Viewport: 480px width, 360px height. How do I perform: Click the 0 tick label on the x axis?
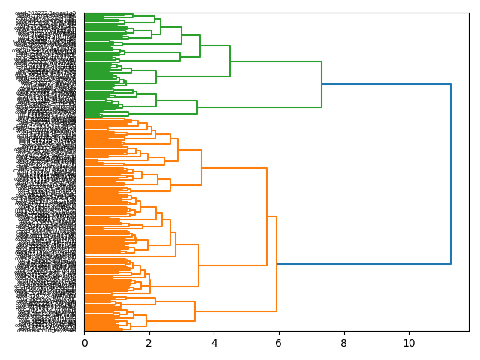point(84,343)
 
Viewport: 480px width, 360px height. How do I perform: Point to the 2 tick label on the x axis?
point(149,343)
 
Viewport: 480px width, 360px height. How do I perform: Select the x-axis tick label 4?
point(214,343)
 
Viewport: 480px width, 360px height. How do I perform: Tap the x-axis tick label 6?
point(279,343)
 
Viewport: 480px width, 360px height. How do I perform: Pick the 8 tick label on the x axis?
point(344,343)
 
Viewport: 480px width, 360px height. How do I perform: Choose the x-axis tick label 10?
point(409,343)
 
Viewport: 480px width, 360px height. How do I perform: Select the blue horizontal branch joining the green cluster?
point(386,84)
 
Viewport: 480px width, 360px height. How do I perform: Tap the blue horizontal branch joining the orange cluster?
point(364,264)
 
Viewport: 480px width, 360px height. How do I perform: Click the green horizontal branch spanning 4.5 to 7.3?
point(276,61)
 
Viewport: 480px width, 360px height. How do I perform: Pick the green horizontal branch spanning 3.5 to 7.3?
point(259,106)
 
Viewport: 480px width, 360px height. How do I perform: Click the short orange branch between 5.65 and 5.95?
point(271,217)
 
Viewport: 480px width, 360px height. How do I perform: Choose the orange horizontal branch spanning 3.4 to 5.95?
point(235,310)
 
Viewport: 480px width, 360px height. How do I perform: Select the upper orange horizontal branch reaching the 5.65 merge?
point(234,168)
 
